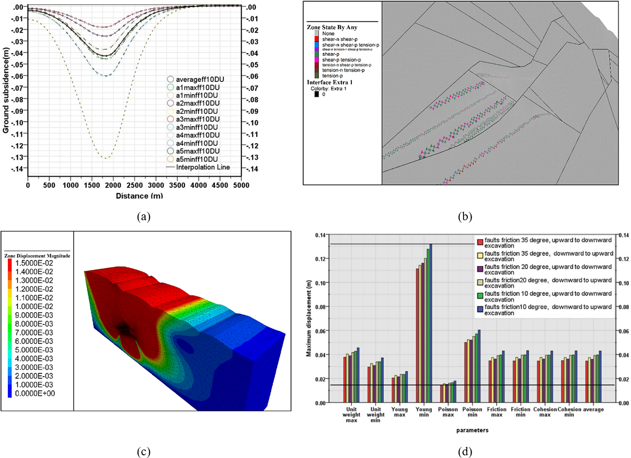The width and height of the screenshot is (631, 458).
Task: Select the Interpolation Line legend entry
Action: tap(200, 167)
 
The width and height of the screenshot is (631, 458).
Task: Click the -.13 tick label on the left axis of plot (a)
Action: tap(17, 157)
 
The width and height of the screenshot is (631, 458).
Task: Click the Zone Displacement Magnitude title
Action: tap(37, 256)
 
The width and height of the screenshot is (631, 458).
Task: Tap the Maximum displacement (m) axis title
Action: tap(309, 318)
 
